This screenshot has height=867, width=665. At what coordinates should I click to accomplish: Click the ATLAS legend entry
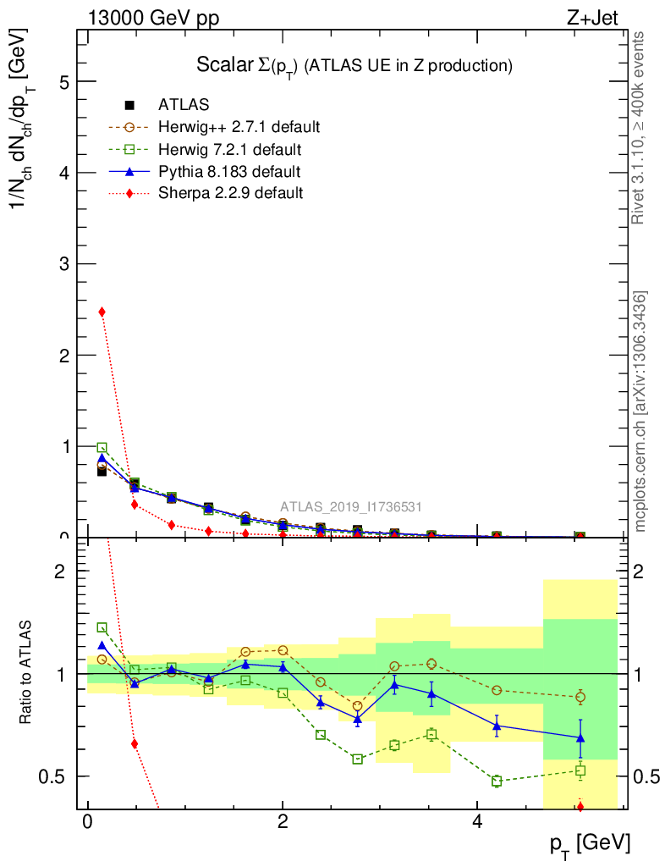[184, 105]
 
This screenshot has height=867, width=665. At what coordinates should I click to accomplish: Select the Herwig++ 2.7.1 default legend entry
[239, 127]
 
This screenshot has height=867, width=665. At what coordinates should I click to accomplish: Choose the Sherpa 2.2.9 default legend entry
[230, 193]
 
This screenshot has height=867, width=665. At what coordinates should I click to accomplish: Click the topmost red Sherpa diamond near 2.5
[102, 312]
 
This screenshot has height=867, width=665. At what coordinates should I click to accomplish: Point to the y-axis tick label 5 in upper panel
[64, 82]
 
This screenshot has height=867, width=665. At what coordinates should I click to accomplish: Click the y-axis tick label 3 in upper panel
[64, 264]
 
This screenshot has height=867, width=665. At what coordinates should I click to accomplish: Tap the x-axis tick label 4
[477, 822]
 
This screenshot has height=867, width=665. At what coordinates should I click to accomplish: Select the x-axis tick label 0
[87, 822]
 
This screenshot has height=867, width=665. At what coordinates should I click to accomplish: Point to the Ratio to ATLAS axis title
[27, 673]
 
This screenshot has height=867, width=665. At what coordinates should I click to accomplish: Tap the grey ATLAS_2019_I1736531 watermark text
[351, 507]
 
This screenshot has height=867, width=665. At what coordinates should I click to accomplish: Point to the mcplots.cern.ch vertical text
[640, 411]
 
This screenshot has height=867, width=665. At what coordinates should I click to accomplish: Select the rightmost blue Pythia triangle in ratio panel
[580, 737]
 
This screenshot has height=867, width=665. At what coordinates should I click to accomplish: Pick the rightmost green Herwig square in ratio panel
[580, 770]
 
